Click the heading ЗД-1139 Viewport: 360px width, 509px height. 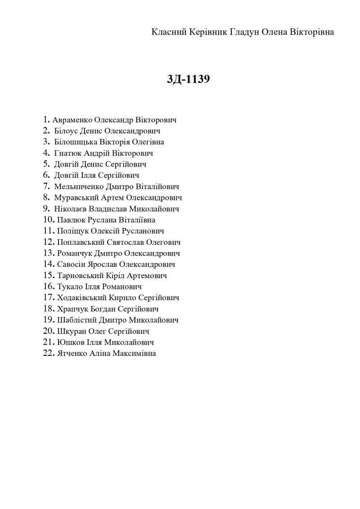(189, 79)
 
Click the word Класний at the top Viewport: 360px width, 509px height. (167, 32)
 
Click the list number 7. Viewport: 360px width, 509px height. (46, 186)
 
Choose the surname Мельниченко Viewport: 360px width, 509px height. (79, 187)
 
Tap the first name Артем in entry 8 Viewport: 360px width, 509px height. (112, 198)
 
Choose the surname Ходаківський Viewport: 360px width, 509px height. (83, 298)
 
